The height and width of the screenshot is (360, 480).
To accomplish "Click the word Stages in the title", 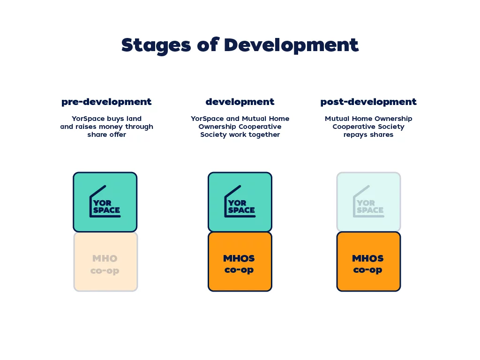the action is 156,45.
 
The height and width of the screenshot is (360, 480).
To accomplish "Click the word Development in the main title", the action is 291,45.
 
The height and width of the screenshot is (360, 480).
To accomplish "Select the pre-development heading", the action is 106,102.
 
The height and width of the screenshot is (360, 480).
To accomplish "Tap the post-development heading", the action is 368,102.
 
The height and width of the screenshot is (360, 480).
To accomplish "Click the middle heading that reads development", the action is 240,102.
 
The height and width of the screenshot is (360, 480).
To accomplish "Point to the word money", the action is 111,127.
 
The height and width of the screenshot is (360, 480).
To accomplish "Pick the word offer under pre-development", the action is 118,135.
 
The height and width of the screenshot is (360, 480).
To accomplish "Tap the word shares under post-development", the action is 381,135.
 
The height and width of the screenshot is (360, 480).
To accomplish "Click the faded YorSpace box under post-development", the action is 368,202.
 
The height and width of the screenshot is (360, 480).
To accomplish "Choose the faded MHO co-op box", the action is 105,262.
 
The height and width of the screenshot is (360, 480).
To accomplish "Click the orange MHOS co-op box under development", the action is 240,262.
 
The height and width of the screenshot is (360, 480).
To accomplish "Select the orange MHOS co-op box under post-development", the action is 368,262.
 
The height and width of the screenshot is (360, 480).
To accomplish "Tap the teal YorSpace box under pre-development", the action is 105,202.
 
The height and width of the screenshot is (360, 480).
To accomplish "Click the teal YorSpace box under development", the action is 240,202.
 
